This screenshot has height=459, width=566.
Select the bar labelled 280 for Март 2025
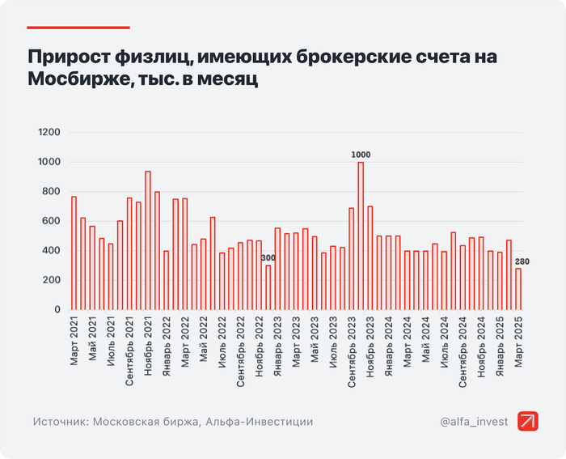[518, 289]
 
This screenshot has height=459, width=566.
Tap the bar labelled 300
[268, 287]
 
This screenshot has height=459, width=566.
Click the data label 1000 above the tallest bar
[361, 155]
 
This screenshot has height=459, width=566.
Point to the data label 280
[522, 261]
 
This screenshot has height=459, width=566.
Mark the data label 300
[268, 257]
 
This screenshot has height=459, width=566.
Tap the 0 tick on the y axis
[57, 310]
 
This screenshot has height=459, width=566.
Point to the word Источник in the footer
[60, 422]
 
